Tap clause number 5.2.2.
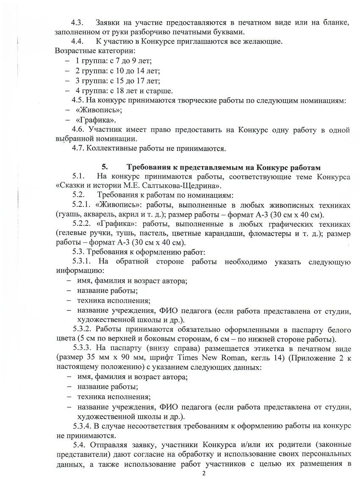pos(82,223)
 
